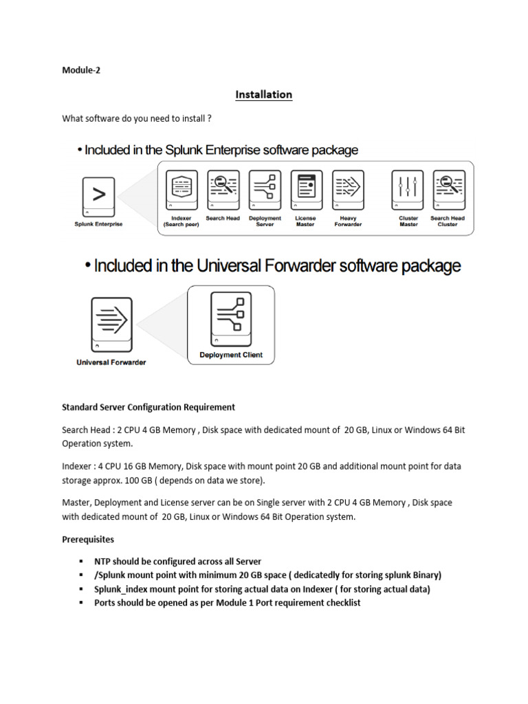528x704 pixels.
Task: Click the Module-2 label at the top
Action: click(81, 69)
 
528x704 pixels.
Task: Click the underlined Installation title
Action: click(264, 95)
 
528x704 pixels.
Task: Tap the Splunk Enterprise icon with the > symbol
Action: click(98, 197)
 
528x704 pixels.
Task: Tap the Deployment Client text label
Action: click(230, 355)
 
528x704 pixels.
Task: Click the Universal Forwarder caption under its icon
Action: click(111, 362)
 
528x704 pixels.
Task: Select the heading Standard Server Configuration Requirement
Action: click(148, 407)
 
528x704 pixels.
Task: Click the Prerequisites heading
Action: click(88, 540)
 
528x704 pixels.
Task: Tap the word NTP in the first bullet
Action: click(102, 562)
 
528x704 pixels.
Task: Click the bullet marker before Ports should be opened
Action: click(81, 603)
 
